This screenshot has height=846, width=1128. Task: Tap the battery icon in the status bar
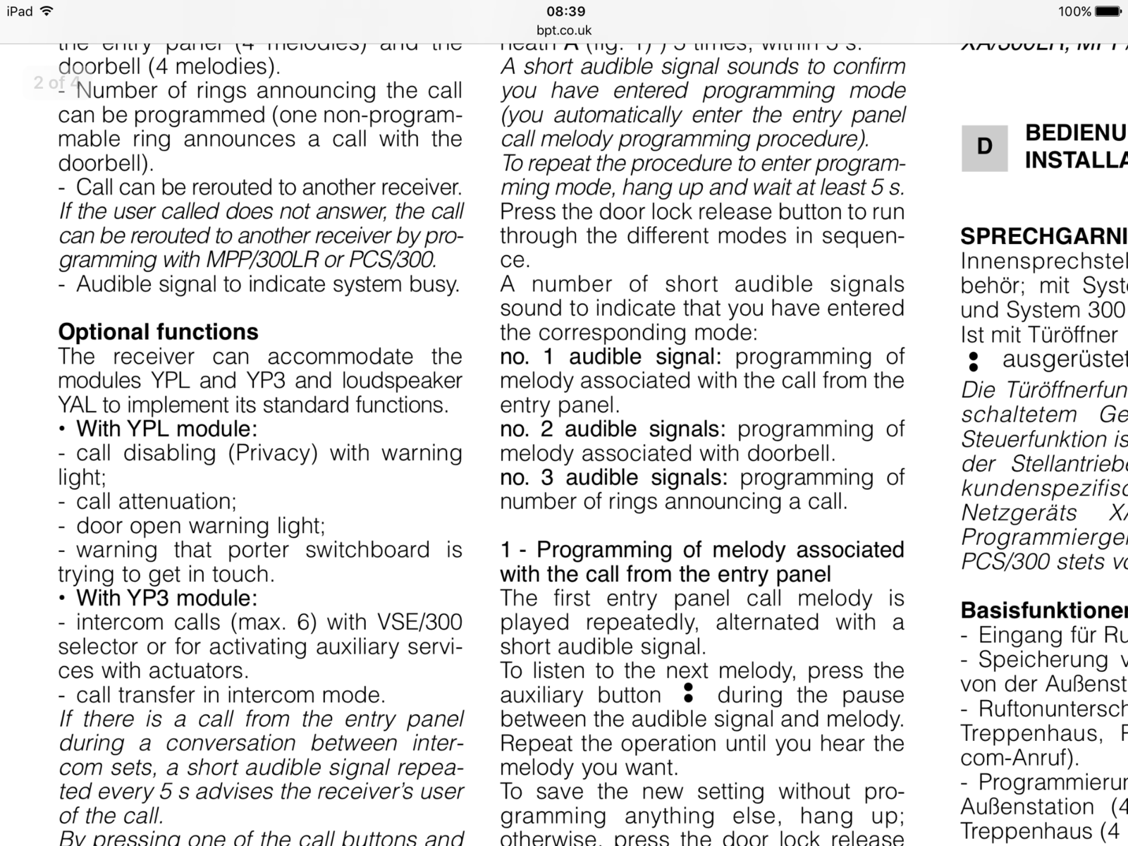tap(1108, 11)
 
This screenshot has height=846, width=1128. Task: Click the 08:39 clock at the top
tap(565, 11)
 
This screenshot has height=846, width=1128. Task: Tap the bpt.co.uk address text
tap(564, 30)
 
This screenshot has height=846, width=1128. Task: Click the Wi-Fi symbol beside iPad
tap(47, 11)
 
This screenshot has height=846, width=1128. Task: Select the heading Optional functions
tap(158, 332)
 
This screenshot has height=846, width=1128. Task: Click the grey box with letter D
tap(984, 147)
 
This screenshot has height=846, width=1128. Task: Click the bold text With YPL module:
tap(166, 429)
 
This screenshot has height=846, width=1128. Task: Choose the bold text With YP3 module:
tap(166, 598)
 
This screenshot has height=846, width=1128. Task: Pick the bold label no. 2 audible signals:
tap(613, 429)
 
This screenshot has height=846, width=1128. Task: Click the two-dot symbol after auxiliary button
tap(689, 694)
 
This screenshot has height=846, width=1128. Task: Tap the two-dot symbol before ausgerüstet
tap(974, 361)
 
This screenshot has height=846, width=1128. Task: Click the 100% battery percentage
tap(1074, 11)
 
